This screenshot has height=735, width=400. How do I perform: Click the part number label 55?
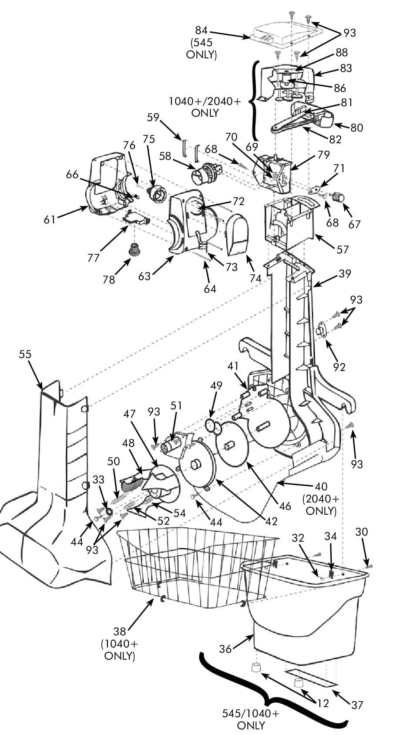(x=25, y=354)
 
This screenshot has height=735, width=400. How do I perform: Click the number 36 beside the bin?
(x=225, y=648)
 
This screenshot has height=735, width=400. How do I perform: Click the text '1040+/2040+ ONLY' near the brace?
(x=205, y=107)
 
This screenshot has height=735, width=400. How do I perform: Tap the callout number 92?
(x=339, y=367)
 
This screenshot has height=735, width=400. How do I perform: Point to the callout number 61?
(x=50, y=219)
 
